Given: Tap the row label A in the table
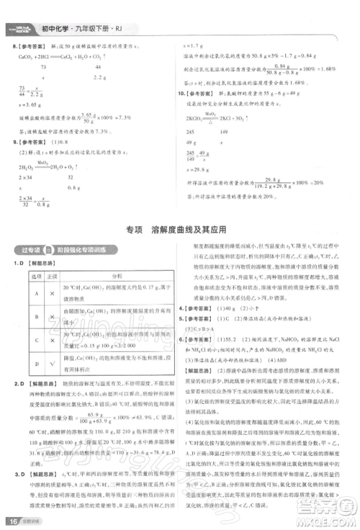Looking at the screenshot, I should coord(32,292).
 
